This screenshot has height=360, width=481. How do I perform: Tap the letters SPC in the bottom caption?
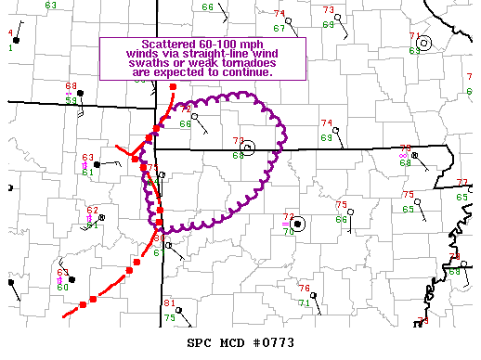[x=200, y=343]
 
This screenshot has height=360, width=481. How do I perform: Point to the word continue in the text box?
[x=246, y=71]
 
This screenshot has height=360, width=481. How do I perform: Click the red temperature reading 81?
[x=169, y=304]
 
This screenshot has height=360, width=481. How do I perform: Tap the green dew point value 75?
[x=169, y=317]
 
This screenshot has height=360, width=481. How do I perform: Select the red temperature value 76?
[x=304, y=289]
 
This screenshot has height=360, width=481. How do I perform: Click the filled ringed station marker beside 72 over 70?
[x=297, y=224]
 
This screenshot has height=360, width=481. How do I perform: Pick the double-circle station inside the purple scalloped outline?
[x=247, y=147]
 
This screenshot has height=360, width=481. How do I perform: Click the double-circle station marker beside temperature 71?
[x=423, y=43]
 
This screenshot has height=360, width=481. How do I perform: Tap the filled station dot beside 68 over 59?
[x=82, y=93]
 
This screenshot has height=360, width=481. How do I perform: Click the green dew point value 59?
[x=71, y=100]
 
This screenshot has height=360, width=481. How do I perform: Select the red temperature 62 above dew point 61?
[x=92, y=211]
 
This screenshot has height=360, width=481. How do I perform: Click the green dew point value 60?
[x=63, y=287]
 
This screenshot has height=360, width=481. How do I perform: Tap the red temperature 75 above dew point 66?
[x=341, y=205]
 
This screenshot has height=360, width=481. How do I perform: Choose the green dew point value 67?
[x=279, y=28]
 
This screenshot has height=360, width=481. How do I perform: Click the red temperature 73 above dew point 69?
[x=328, y=10]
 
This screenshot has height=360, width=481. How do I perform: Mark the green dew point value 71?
[x=305, y=302]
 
